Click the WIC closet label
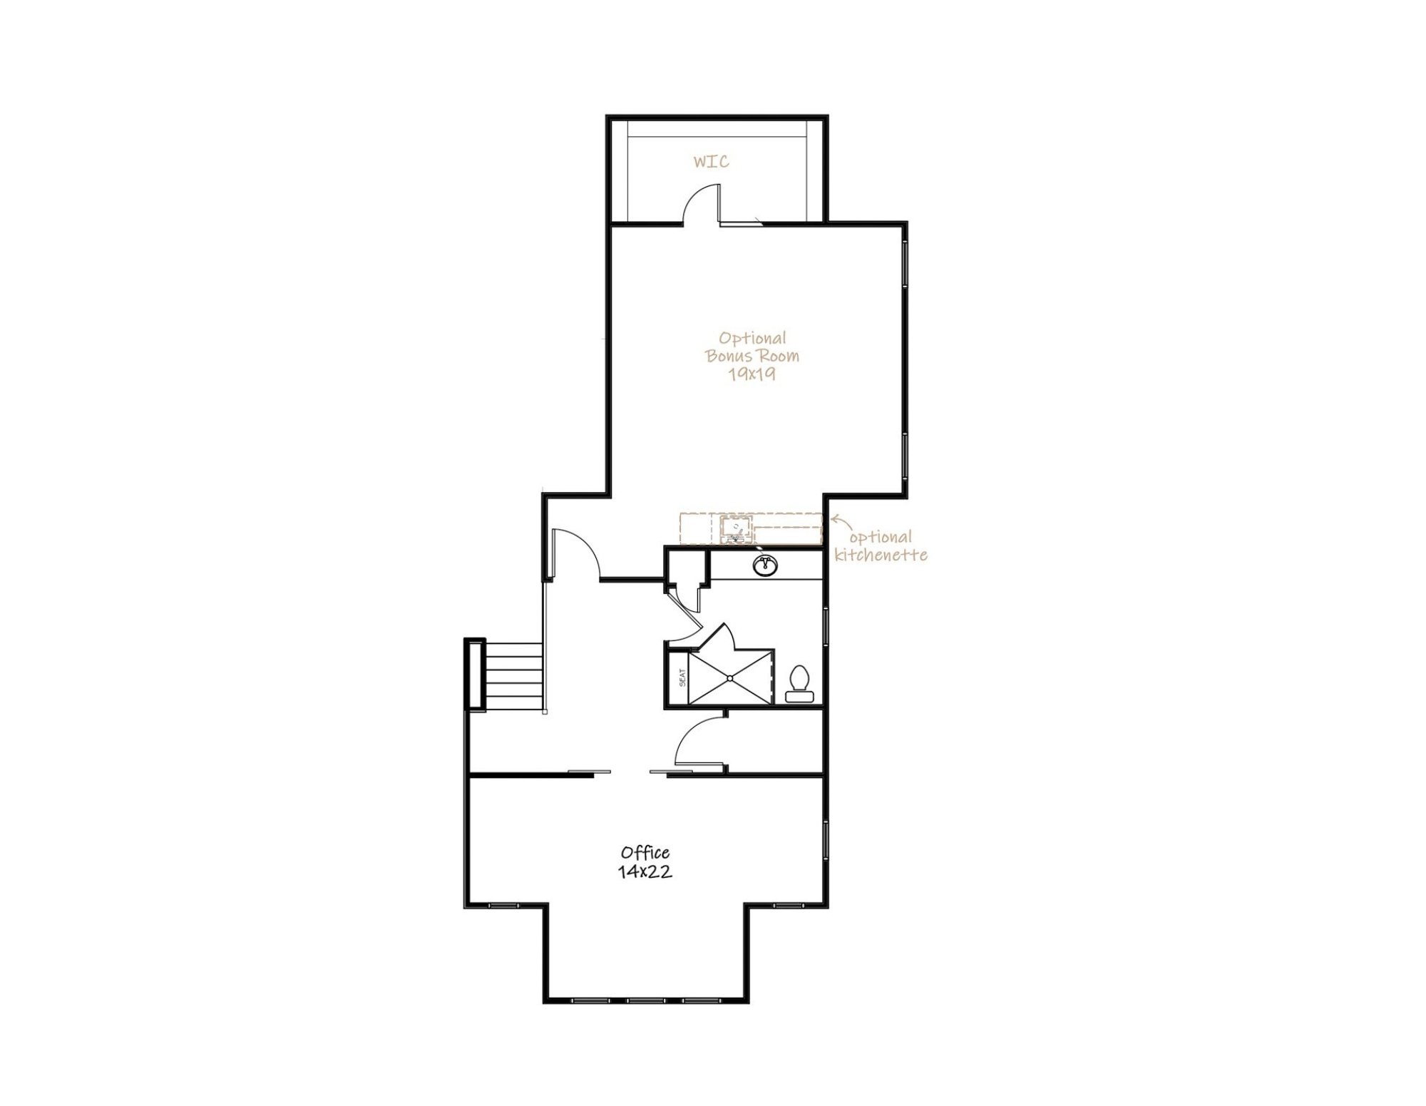tap(711, 162)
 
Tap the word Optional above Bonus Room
tap(752, 338)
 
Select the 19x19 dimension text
tap(752, 374)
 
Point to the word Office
tap(645, 852)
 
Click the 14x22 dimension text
tap(645, 871)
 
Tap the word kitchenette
tap(881, 555)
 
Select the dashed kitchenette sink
tap(736, 528)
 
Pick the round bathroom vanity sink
tap(765, 565)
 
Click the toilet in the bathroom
tap(799, 685)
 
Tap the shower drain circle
tap(730, 677)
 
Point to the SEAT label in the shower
tap(682, 677)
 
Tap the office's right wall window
tap(826, 841)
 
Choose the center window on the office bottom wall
tap(646, 1000)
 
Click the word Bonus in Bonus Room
tap(729, 356)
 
